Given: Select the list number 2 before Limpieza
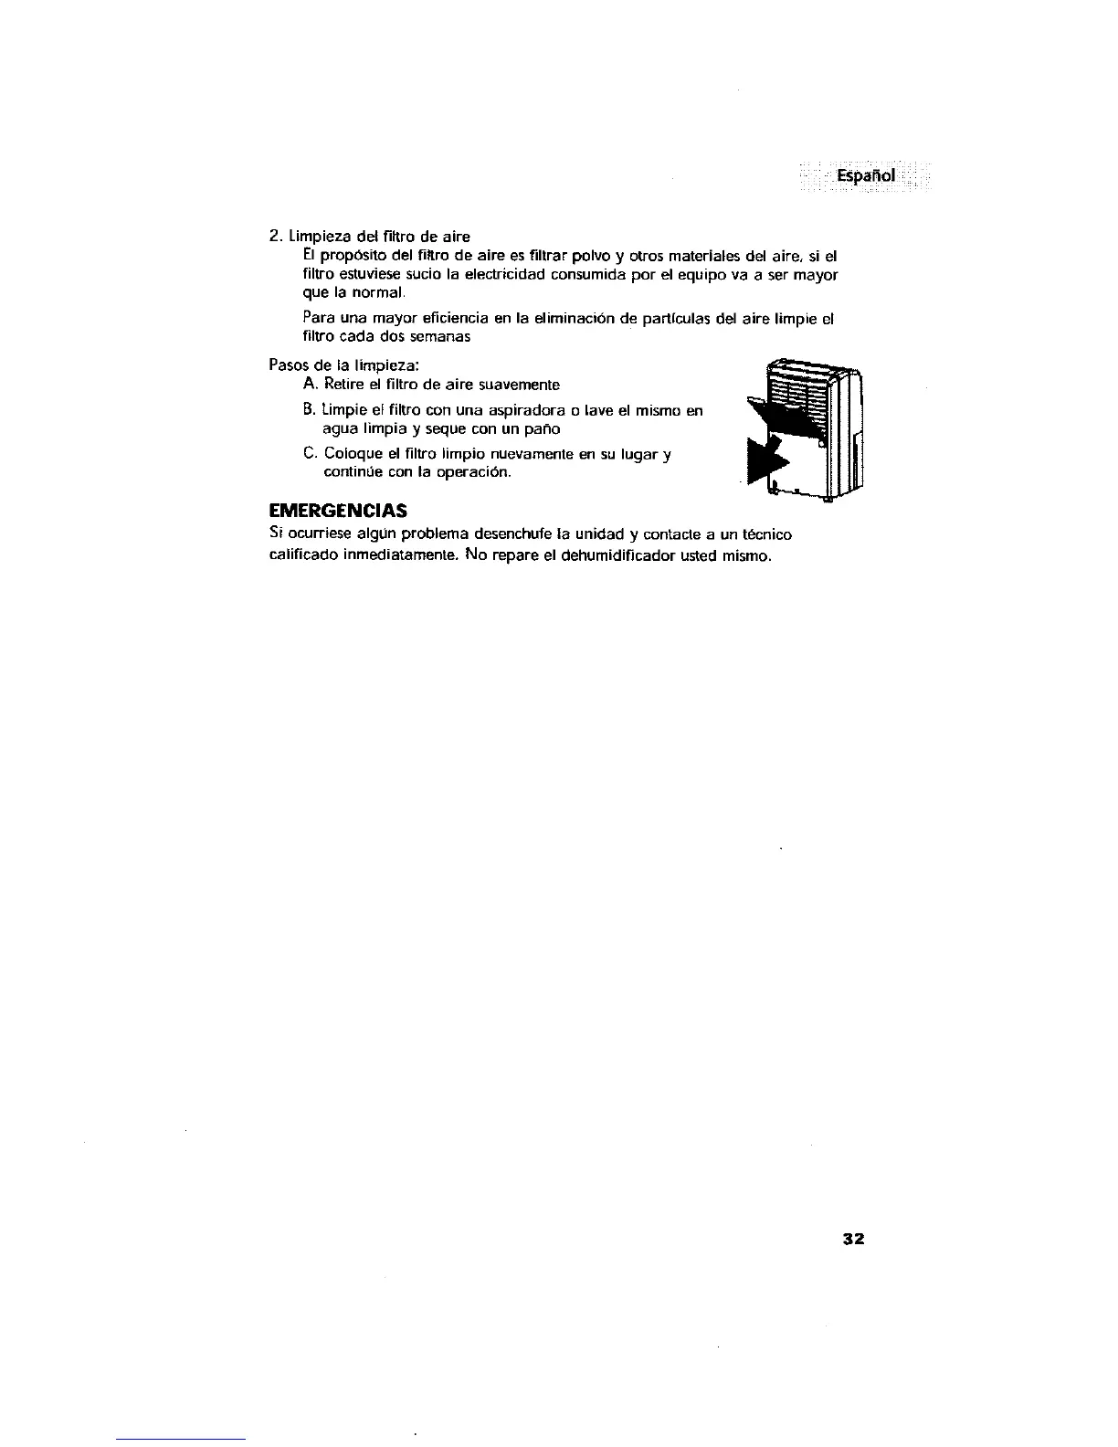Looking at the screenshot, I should (275, 237).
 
